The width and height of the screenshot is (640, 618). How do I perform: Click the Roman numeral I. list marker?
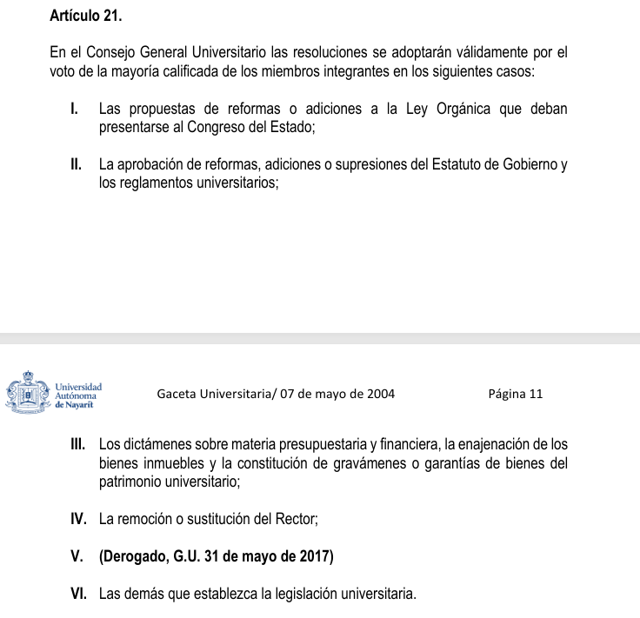(77, 110)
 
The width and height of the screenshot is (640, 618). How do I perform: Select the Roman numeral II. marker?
(77, 163)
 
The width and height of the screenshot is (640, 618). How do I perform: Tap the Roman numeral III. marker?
(78, 444)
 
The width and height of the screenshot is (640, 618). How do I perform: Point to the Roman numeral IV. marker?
(79, 519)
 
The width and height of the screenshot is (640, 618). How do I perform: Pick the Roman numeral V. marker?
(77, 557)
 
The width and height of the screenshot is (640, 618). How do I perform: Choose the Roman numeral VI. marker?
(79, 595)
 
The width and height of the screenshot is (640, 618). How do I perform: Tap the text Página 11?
(516, 394)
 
